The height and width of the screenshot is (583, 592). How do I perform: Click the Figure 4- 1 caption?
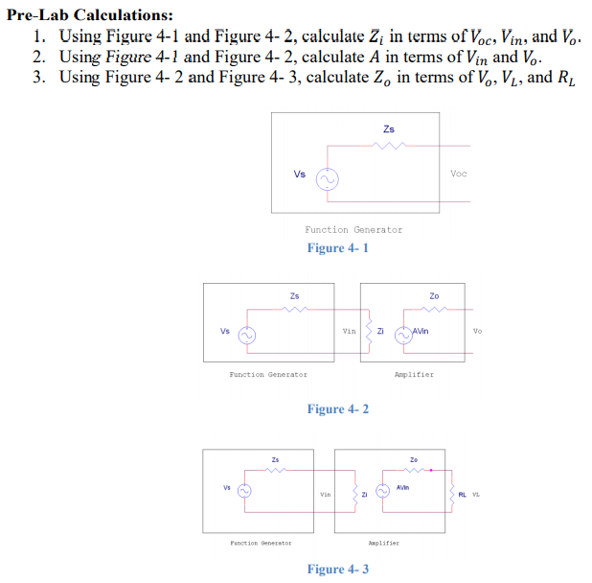pos(337,248)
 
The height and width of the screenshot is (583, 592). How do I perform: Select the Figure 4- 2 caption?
pos(337,409)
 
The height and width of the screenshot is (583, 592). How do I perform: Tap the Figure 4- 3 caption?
pos(337,570)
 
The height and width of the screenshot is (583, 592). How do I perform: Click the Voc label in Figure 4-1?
pos(459,174)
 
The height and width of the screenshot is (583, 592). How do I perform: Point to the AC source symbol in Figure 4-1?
pos(327,178)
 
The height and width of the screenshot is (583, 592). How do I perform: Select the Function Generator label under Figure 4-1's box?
pos(353,230)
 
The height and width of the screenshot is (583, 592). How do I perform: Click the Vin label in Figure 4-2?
pos(349,331)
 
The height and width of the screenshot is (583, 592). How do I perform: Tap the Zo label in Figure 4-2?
pos(434,296)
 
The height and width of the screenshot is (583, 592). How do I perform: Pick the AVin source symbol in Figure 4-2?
pos(406,335)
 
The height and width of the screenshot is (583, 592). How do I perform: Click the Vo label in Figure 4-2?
pos(477,331)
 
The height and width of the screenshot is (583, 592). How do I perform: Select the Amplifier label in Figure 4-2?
pos(414,375)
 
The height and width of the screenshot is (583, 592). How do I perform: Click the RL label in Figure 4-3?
pos(463,495)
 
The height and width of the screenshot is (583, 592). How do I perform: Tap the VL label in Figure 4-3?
pos(475,495)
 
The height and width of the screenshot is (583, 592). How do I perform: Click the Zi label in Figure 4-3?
pos(364,495)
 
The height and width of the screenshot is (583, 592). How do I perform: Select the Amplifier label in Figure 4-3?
pos(383,543)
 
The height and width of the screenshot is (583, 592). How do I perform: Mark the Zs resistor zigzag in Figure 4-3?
pos(277,470)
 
